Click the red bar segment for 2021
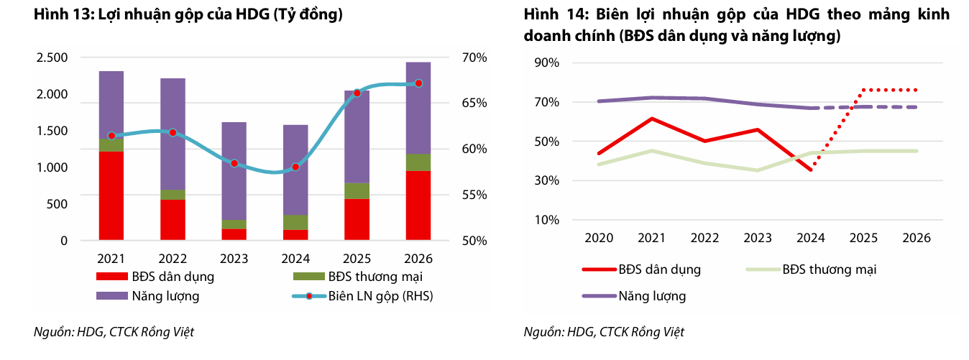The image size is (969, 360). (111, 195)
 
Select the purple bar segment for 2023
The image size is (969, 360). (234, 171)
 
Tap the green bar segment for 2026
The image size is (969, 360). (418, 162)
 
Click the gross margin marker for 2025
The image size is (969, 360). (357, 93)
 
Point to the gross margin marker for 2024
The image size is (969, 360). (295, 167)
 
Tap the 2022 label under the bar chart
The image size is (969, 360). (173, 259)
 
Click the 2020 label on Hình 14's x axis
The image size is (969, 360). (598, 238)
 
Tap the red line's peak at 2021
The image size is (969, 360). (651, 119)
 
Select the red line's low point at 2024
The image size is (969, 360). (811, 170)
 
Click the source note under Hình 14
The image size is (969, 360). (604, 332)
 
